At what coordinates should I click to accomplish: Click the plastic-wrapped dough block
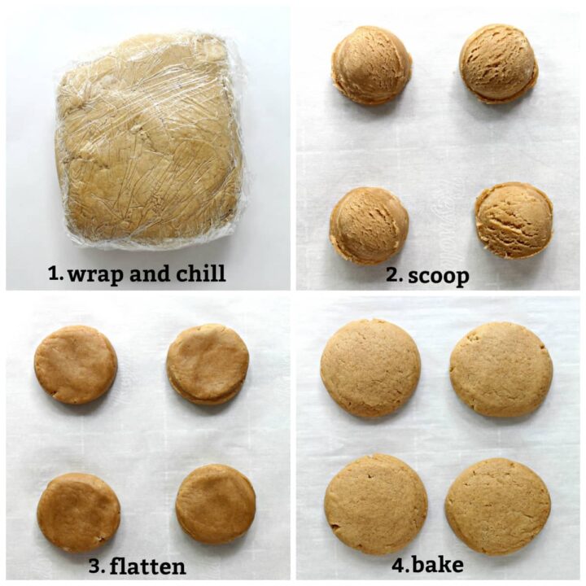pyautogui.click(x=149, y=138)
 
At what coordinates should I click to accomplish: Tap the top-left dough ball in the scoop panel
pyautogui.click(x=371, y=65)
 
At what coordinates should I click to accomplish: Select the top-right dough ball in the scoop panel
pyautogui.click(x=498, y=63)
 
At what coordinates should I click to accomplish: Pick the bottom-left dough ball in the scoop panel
pyautogui.click(x=369, y=225)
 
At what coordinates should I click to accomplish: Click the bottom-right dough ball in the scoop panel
pyautogui.click(x=514, y=220)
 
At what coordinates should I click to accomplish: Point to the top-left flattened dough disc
pyautogui.click(x=76, y=365)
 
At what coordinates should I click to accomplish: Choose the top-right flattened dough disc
pyautogui.click(x=208, y=364)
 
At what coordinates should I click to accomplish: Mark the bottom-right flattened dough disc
pyautogui.click(x=216, y=505)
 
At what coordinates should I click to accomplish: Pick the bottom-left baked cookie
pyautogui.click(x=375, y=505)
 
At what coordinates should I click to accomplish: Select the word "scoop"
pyautogui.click(x=439, y=276)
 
